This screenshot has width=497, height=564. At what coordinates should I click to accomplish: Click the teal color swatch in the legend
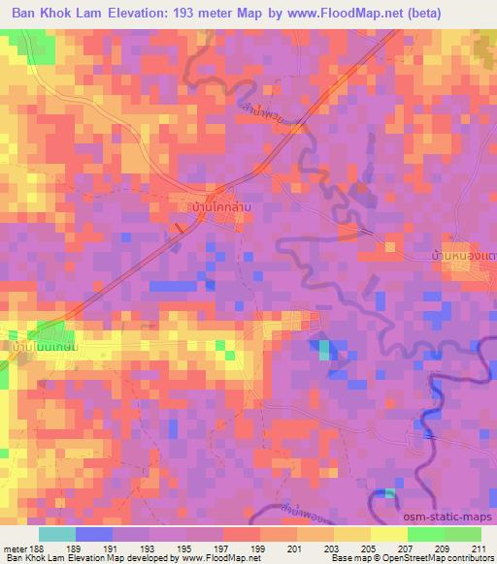click(57, 533)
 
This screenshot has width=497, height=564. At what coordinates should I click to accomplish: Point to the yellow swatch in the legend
click(387, 533)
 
